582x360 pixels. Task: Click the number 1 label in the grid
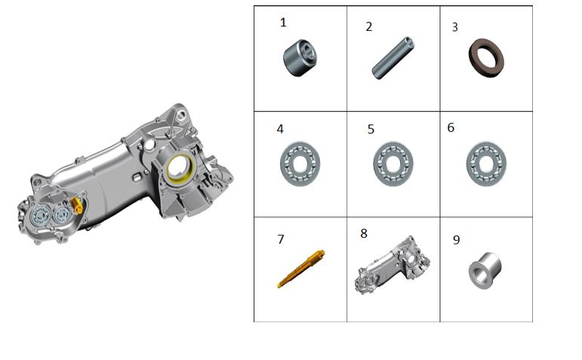(x=283, y=23)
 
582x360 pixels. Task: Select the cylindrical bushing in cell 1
(x=300, y=58)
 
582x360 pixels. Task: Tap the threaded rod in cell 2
(x=393, y=57)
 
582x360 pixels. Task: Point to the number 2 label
(x=368, y=26)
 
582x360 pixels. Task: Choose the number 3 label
(x=454, y=27)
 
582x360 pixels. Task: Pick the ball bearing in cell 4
(x=300, y=164)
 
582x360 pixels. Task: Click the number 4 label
(x=280, y=129)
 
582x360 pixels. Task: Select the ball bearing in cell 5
(x=393, y=164)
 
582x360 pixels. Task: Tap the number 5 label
(x=371, y=129)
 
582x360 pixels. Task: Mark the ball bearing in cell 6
(x=486, y=164)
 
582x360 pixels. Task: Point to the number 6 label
(x=451, y=128)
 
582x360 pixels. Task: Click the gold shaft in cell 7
(x=301, y=269)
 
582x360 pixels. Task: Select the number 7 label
(x=281, y=239)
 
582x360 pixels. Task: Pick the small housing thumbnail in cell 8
(x=393, y=265)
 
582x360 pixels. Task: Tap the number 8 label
(x=364, y=233)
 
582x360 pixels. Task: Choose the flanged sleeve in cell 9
(x=485, y=270)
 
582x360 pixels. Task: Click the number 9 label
(x=457, y=240)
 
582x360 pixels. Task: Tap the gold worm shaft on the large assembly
(x=76, y=205)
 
